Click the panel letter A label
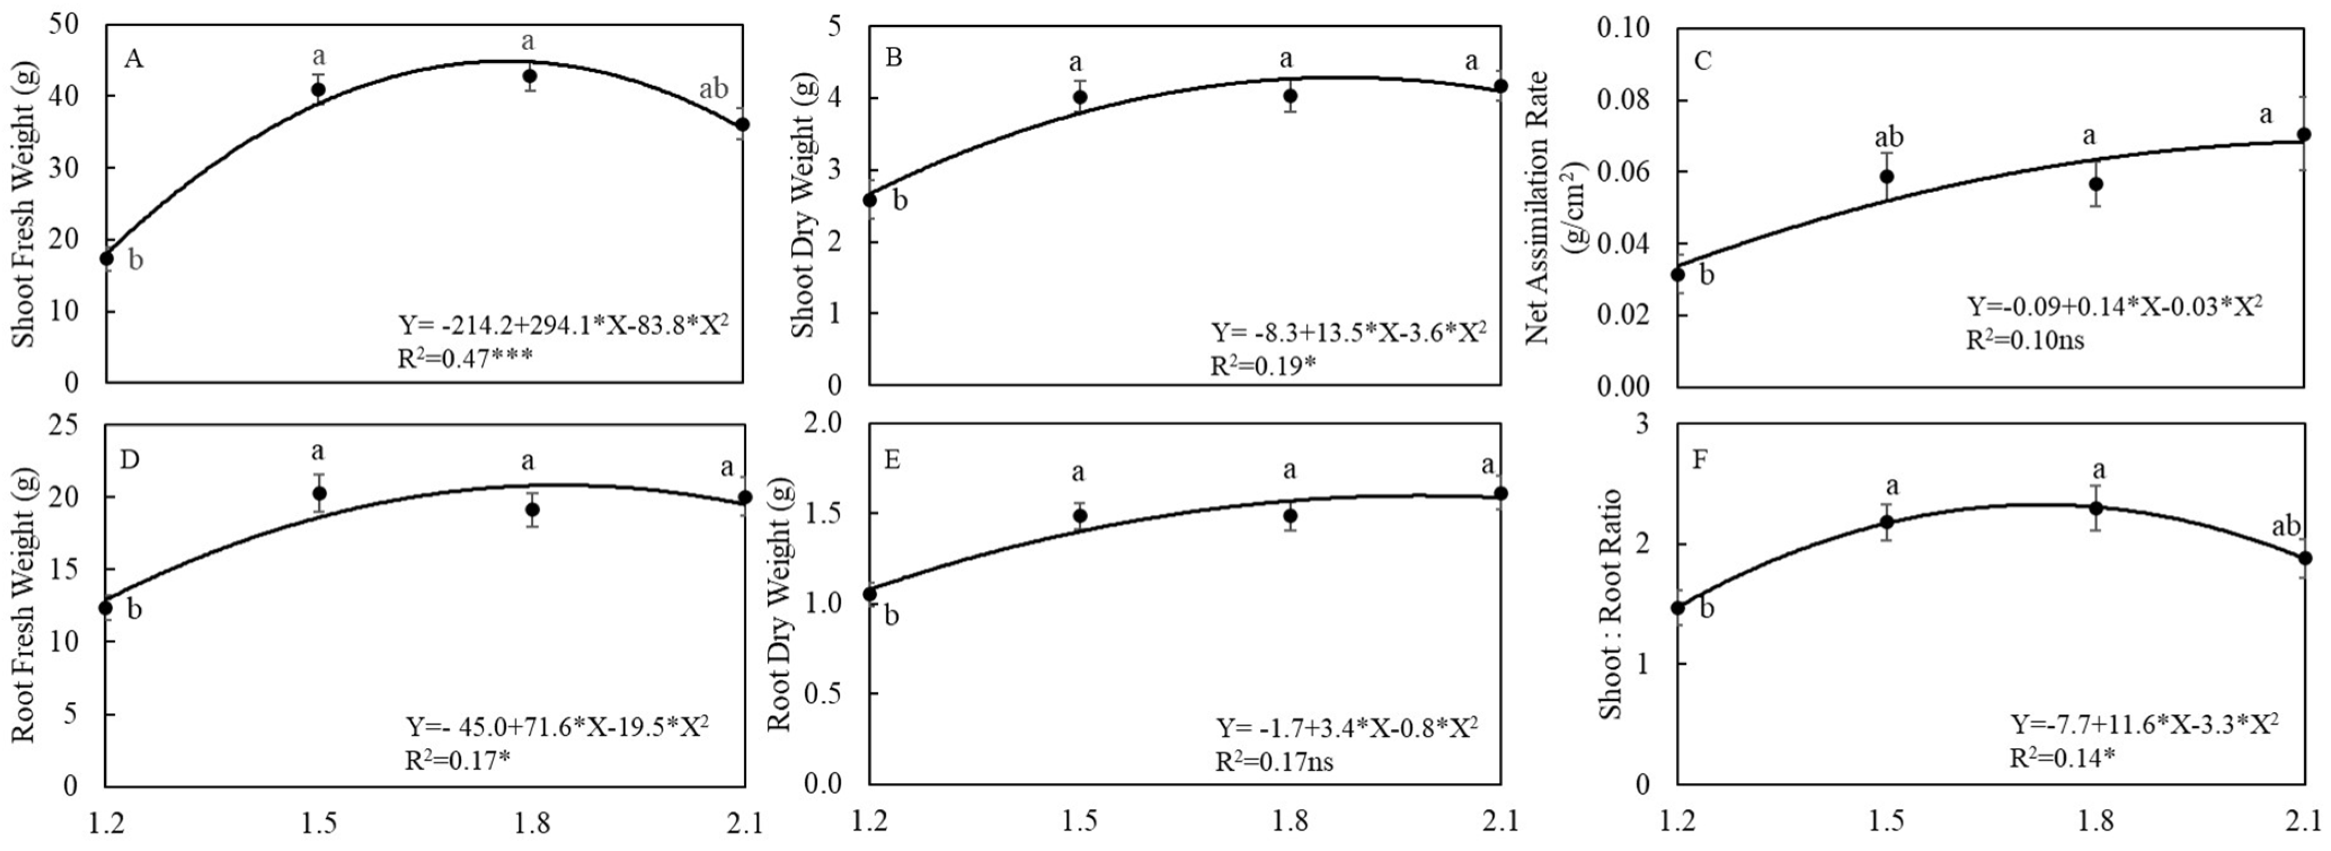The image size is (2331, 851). coord(133,59)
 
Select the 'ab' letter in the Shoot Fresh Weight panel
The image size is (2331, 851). coord(713,90)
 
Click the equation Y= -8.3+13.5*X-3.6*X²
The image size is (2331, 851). coord(1348,333)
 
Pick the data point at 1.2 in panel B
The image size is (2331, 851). coord(869,199)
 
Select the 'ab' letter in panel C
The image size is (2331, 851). coord(1888,138)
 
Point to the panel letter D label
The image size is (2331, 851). coord(129,460)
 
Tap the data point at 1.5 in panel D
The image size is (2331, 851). coord(319,493)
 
